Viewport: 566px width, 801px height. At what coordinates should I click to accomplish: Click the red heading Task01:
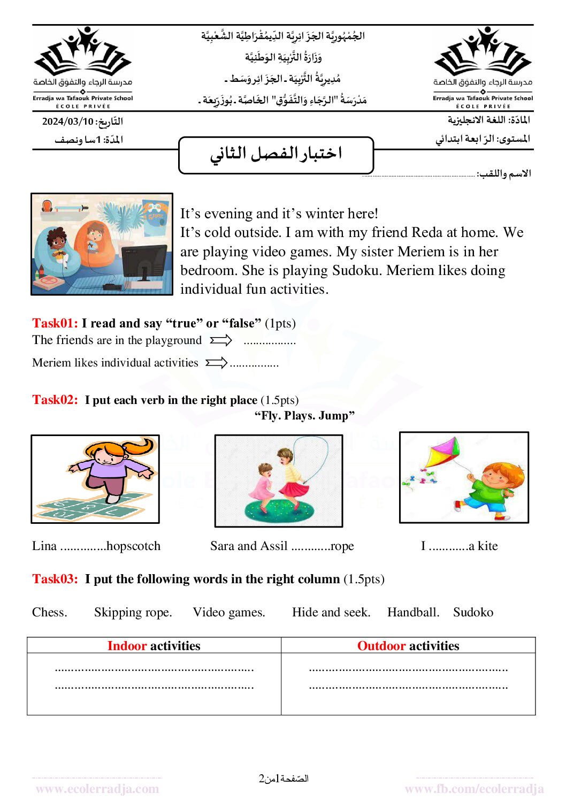(x=55, y=323)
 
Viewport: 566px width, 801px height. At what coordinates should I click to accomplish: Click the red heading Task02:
(x=55, y=400)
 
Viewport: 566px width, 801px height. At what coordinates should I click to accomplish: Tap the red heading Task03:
(x=55, y=579)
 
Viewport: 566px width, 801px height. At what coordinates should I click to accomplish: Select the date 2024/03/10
(x=68, y=121)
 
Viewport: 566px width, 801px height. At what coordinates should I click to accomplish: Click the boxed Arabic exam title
(x=276, y=154)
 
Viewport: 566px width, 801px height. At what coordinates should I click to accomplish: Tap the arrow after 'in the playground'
(x=221, y=340)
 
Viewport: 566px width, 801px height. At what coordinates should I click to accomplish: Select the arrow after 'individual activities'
(x=217, y=363)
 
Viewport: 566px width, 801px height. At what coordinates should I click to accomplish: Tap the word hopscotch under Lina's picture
(x=133, y=546)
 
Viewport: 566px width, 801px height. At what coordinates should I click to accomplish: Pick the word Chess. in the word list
(x=50, y=612)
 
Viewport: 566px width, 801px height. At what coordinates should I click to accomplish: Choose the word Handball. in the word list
(x=413, y=612)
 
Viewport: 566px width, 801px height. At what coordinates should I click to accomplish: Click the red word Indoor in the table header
(x=127, y=646)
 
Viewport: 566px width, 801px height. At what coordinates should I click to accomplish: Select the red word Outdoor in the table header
(x=381, y=646)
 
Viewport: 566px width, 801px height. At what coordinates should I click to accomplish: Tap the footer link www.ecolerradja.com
(x=97, y=789)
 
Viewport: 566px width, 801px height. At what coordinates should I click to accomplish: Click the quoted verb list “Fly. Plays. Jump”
(x=304, y=416)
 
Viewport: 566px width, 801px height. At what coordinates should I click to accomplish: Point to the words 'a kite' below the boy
(x=483, y=546)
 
